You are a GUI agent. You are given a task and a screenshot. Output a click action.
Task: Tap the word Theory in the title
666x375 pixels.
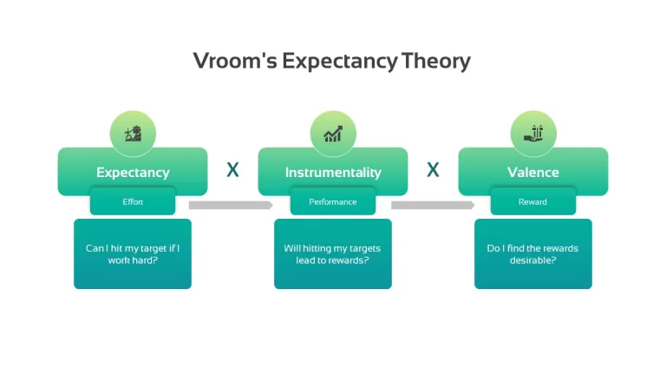click(x=436, y=61)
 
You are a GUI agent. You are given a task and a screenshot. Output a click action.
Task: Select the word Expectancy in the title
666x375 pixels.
click(x=340, y=62)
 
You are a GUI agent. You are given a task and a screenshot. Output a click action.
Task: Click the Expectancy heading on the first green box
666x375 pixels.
click(x=133, y=172)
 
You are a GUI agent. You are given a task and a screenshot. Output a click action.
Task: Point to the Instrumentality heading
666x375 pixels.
click(x=333, y=172)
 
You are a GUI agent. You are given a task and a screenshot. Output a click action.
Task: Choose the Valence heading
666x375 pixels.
click(x=533, y=172)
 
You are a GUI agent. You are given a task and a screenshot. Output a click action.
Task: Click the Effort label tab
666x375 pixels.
click(x=133, y=201)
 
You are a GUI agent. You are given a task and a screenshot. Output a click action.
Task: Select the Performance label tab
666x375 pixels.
click(x=333, y=201)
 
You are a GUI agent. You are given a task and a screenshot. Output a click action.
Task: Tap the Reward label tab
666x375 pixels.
click(x=532, y=201)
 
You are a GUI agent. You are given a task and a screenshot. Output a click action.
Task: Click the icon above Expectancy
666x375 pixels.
click(x=133, y=134)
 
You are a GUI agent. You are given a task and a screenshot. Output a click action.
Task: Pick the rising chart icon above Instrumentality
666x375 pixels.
click(x=333, y=134)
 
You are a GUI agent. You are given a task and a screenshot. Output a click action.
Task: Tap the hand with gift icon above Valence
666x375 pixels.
click(x=533, y=134)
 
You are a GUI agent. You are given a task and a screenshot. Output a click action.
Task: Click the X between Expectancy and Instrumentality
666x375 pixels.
click(x=232, y=169)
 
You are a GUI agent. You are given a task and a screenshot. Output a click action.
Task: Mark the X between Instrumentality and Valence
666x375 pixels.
click(x=433, y=169)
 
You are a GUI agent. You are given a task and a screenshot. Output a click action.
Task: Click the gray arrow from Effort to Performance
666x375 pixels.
click(x=231, y=206)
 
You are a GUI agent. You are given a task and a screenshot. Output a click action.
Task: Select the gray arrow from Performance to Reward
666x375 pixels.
click(x=433, y=206)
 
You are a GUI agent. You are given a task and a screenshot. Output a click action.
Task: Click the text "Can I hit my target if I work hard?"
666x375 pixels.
click(x=133, y=253)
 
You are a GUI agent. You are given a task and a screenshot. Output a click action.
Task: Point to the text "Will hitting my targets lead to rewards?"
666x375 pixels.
click(x=332, y=253)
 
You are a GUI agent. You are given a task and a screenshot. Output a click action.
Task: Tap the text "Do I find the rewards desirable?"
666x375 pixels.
click(x=532, y=253)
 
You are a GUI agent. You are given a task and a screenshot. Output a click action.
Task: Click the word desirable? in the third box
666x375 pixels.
click(x=532, y=260)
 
